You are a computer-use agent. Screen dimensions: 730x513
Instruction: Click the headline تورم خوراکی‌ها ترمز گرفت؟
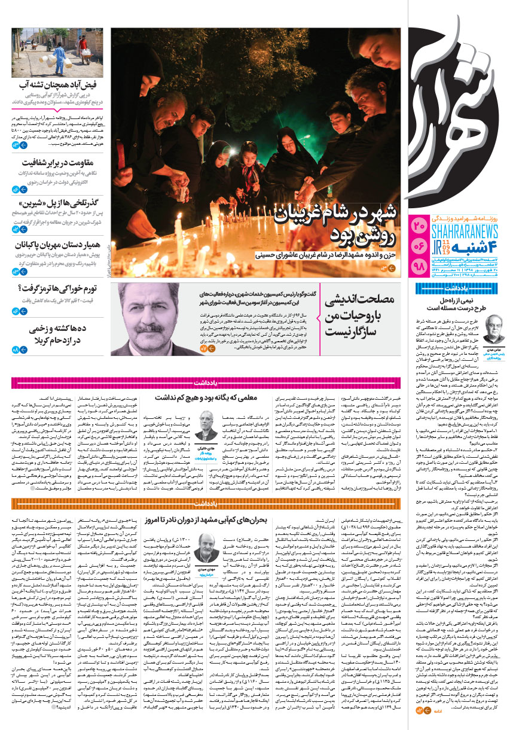(63, 290)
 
